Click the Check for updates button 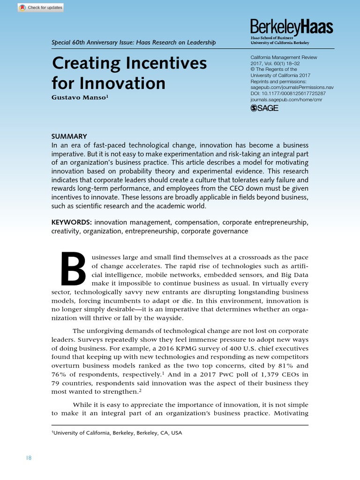coord(40,7)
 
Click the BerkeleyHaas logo coord(292,27)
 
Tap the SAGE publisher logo coord(265,108)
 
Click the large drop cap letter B coord(73,270)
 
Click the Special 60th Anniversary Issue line coord(134,43)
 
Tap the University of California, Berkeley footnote coord(117,433)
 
